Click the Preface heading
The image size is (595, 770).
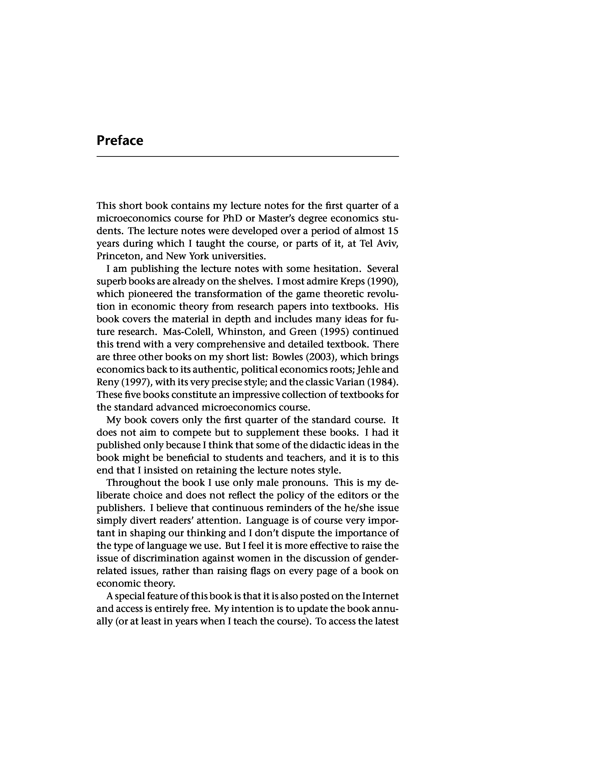[120, 140]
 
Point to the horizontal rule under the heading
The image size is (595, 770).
[247, 156]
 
